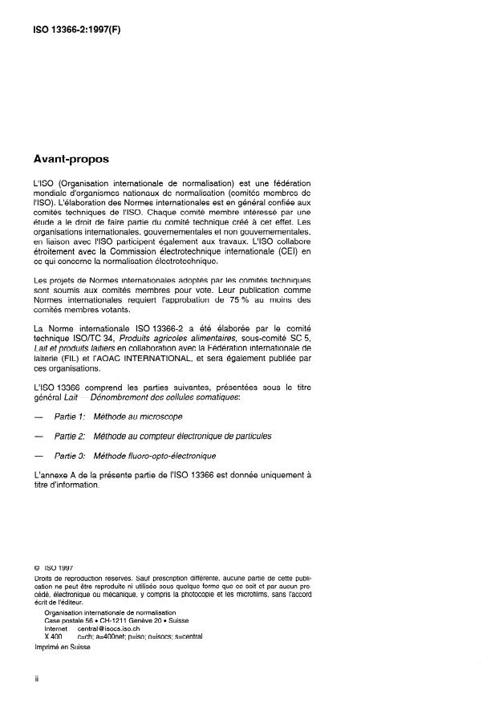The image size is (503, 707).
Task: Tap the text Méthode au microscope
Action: (138, 418)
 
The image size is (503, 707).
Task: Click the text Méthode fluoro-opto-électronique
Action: (155, 456)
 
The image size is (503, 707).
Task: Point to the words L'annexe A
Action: (52, 474)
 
